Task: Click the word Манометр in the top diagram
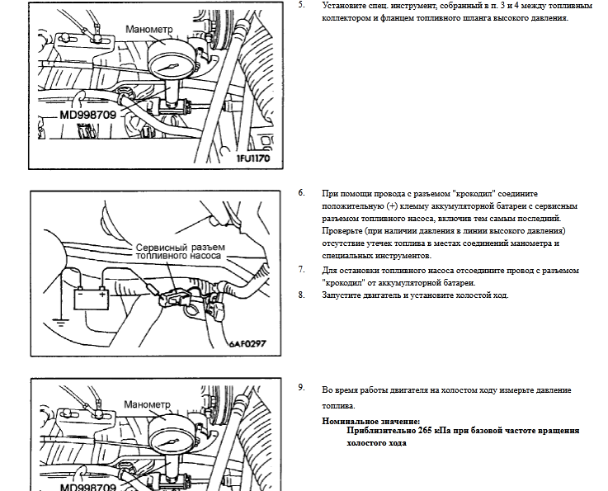[x=149, y=30]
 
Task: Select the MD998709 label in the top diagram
[x=88, y=115]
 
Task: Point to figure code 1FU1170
[x=253, y=158]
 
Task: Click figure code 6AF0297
[x=247, y=343]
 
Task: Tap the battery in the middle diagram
[x=92, y=299]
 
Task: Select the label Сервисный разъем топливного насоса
[x=181, y=252]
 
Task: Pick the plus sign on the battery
[x=102, y=295]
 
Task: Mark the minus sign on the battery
[x=80, y=294]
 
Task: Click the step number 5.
[x=302, y=5]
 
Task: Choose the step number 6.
[x=302, y=193]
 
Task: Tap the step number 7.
[x=302, y=270]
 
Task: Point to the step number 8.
[x=302, y=295]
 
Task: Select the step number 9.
[x=302, y=388]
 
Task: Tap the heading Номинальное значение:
[x=371, y=421]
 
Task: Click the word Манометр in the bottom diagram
[x=148, y=404]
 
